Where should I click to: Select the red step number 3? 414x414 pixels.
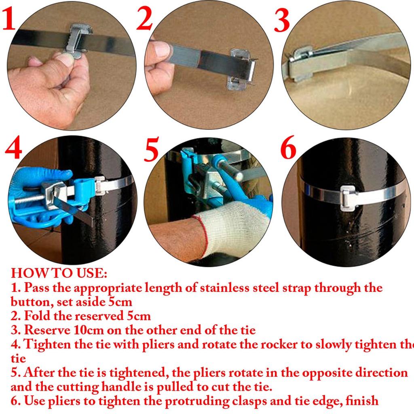pyautogui.click(x=282, y=21)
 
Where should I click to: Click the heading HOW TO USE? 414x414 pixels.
pyautogui.click(x=59, y=273)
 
